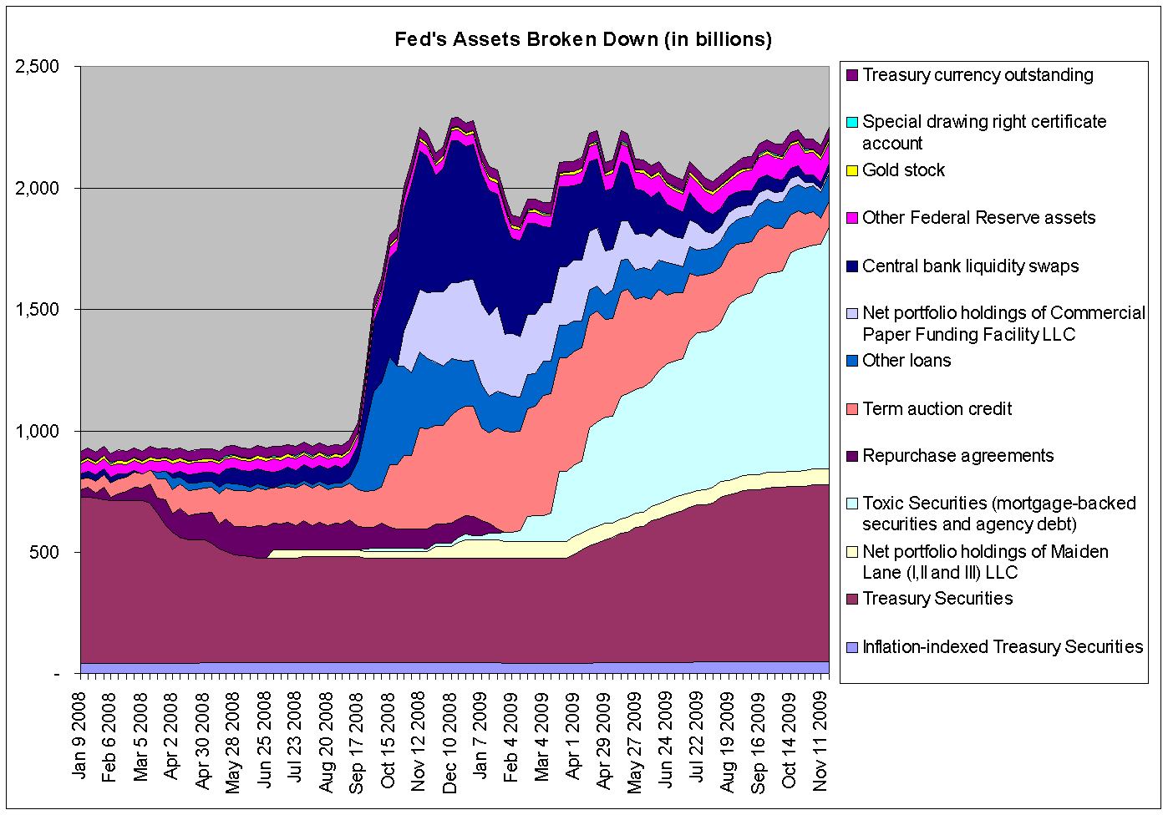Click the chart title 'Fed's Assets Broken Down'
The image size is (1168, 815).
coord(583,39)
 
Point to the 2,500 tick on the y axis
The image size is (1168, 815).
coord(38,67)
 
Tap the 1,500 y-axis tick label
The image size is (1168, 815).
coord(38,310)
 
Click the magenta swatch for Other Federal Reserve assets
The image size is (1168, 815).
coord(851,218)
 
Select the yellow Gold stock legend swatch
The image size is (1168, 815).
coord(851,170)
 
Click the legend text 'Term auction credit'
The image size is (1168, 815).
coord(937,409)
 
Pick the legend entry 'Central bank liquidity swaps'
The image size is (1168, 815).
coord(970,266)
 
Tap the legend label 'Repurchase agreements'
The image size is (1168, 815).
coord(957,456)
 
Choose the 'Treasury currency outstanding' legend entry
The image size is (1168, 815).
coord(978,75)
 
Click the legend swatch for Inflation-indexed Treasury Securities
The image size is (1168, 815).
coord(851,647)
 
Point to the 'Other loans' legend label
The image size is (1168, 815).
coord(906,361)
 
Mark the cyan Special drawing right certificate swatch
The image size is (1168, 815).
coord(851,123)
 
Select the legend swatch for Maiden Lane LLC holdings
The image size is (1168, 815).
coord(851,552)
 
